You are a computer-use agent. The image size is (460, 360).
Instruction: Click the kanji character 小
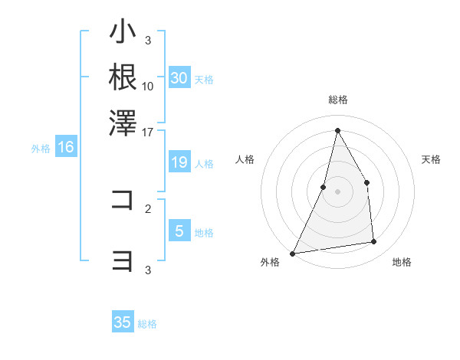coord(123,33)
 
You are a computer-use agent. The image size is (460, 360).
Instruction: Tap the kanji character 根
coord(123,77)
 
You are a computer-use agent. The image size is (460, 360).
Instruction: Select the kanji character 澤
coord(123,123)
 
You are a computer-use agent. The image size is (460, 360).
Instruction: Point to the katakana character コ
coord(123,200)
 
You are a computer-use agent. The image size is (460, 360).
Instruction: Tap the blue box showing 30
coord(179,78)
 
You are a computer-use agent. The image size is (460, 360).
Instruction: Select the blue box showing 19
coord(179,162)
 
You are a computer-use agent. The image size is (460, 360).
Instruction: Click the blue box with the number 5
coord(179,231)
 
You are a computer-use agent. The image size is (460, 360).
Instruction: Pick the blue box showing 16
coord(65,148)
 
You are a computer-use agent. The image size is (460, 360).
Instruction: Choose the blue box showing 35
coord(123,322)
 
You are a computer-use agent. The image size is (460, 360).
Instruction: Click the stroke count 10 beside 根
coord(148,86)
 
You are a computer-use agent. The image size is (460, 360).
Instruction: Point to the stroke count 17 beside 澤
coord(148,131)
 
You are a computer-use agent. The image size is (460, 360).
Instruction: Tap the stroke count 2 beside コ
coord(148,208)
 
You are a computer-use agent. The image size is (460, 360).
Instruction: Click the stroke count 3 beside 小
coord(148,40)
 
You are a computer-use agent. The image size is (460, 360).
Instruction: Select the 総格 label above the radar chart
coord(337,100)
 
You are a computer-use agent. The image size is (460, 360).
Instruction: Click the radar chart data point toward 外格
coord(292,253)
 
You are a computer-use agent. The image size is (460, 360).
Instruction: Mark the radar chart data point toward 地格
coord(374,242)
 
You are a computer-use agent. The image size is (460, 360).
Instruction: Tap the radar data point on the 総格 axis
coord(337,129)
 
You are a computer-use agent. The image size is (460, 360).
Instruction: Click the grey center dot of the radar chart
coord(337,191)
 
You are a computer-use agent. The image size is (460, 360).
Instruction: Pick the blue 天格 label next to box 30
coord(204,79)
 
